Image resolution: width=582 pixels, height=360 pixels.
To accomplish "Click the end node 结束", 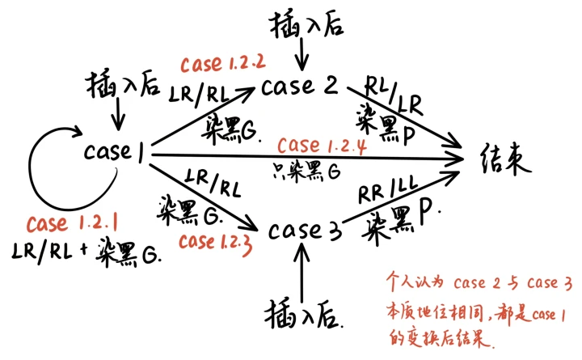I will [x=502, y=158].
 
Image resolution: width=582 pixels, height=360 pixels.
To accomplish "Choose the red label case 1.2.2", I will [x=213, y=63].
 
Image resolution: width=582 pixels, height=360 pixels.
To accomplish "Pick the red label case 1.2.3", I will [x=214, y=241].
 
